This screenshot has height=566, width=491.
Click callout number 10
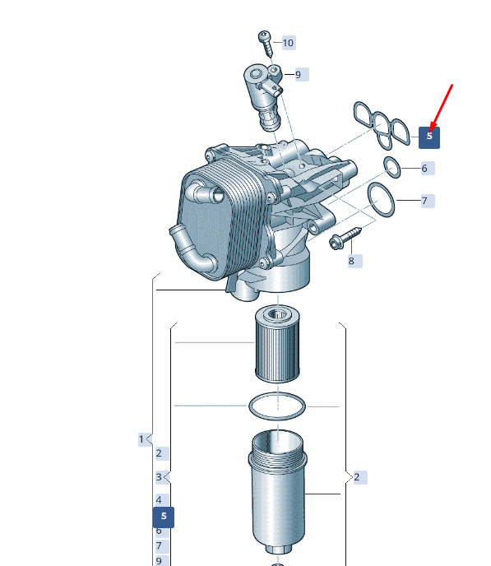[x=288, y=43]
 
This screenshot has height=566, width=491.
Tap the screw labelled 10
[x=266, y=43]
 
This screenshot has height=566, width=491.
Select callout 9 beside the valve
[x=300, y=75]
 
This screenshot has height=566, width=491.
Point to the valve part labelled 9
[x=263, y=95]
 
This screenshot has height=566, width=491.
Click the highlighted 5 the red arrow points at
[x=429, y=137]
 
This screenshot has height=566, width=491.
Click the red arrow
[x=442, y=106]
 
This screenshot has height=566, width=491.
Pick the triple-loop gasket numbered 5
[x=382, y=125]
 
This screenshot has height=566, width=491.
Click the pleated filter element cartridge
[x=277, y=344]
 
